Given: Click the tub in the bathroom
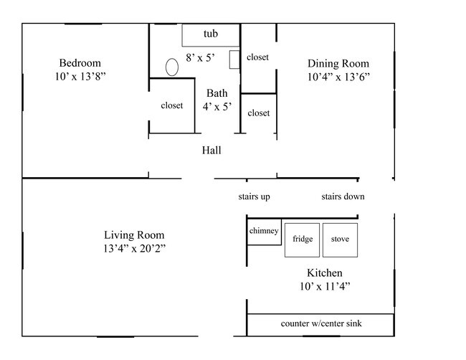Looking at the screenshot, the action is pos(211,35).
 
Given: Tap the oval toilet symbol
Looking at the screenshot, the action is pos(172,67).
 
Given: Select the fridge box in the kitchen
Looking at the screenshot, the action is pos(302,240).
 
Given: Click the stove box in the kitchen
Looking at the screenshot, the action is pos(340,240).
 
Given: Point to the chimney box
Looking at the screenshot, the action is pos(264,232).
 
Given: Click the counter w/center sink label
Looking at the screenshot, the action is pos(321,323).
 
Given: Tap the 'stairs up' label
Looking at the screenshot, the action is pos(254,196).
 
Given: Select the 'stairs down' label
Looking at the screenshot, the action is pos(343,196).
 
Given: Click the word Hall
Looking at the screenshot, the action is pos(211,150).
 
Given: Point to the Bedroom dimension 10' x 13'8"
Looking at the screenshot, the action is pos(80,77).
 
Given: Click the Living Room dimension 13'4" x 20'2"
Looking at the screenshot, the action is pos(134,248).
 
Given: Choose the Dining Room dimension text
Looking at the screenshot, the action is pos(338,77).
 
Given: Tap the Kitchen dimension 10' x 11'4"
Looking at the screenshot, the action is pos(325,286).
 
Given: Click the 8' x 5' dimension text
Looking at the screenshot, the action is pos(200,57).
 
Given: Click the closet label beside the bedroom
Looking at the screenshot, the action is pos(172,105).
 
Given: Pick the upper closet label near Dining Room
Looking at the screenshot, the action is pos(257,57).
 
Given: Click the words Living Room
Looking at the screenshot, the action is pos(134,235).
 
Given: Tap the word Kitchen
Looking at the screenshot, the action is pos(325,273).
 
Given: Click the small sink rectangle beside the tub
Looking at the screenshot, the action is pos(234,60).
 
